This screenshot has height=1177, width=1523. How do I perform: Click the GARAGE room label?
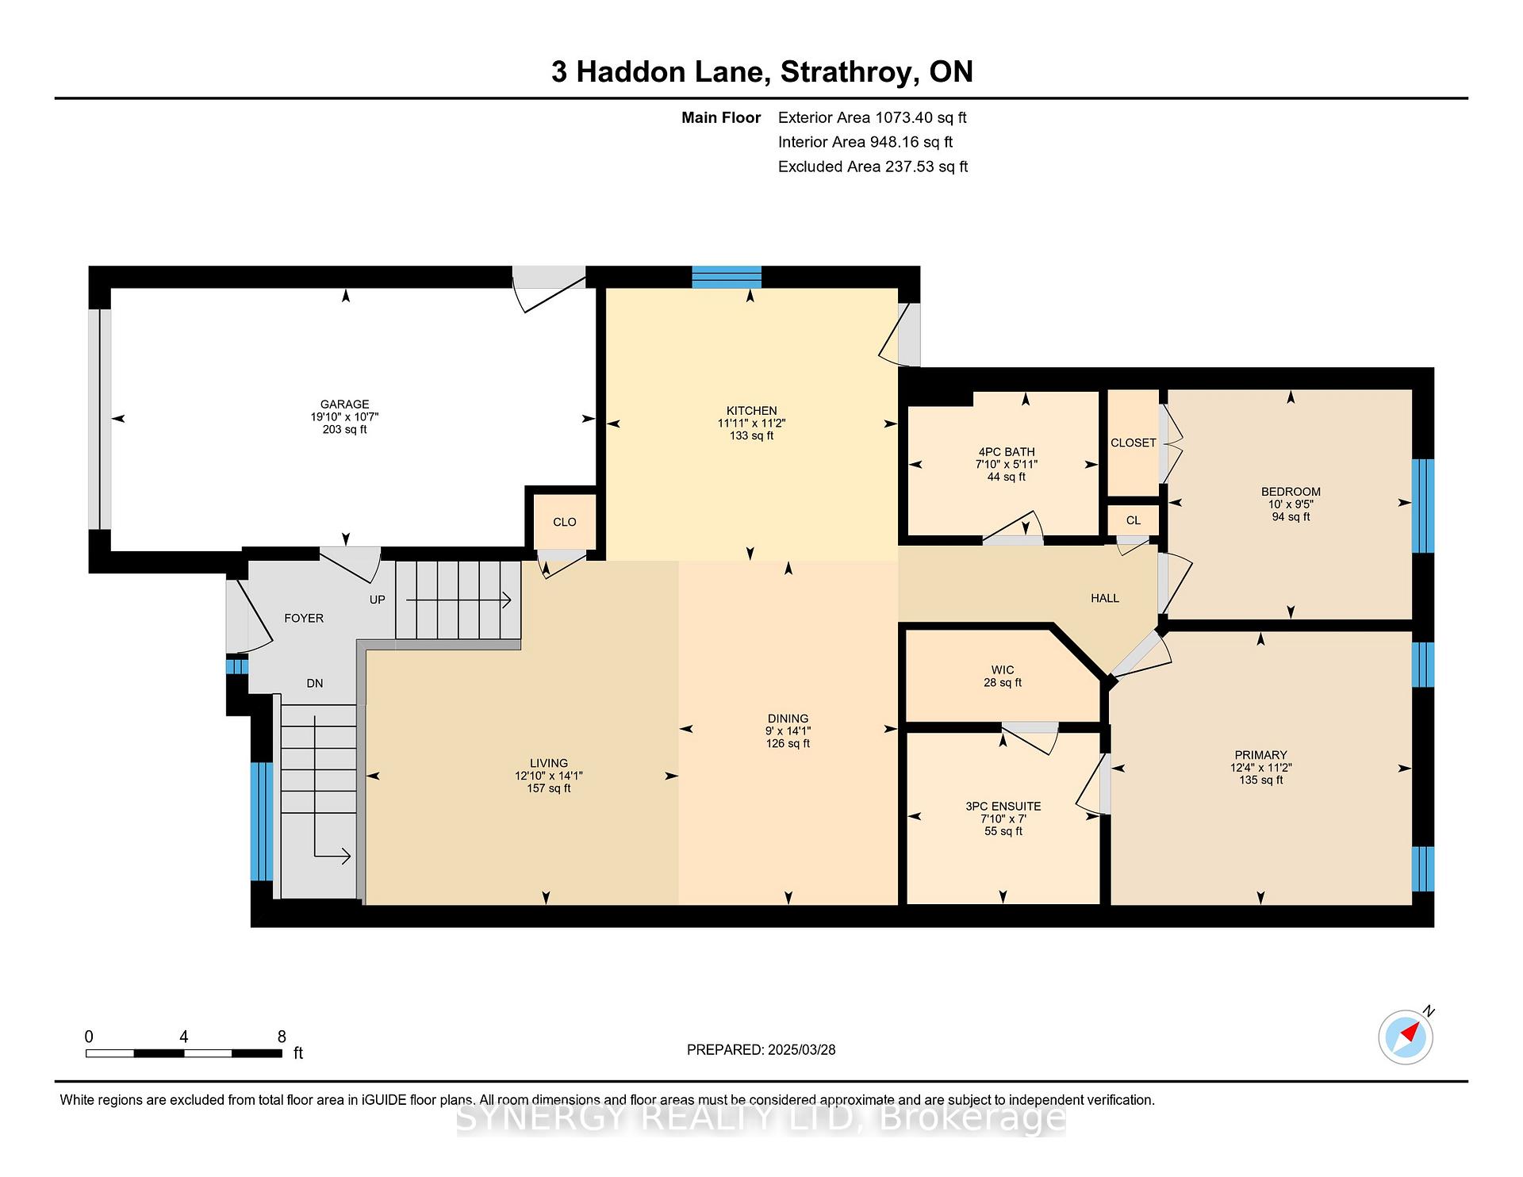pyautogui.click(x=344, y=404)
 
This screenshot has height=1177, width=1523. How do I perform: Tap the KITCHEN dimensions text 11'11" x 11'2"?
pyautogui.click(x=751, y=424)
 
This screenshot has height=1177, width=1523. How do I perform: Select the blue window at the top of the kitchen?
pyautogui.click(x=727, y=277)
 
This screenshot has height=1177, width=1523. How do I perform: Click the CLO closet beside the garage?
pyautogui.click(x=565, y=522)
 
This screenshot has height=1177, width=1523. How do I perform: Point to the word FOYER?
pyautogui.click(x=304, y=618)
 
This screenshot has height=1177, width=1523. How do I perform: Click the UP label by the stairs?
pyautogui.click(x=378, y=600)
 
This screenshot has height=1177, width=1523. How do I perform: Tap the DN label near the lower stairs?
pyautogui.click(x=315, y=683)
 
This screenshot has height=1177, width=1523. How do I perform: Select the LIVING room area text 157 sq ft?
pyautogui.click(x=549, y=788)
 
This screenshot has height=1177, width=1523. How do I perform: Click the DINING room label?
pyautogui.click(x=788, y=719)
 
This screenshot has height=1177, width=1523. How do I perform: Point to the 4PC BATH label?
pyautogui.click(x=1007, y=452)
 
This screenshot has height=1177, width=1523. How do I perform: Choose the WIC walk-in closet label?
pyautogui.click(x=1003, y=669)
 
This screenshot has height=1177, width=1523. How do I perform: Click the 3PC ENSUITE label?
pyautogui.click(x=1003, y=806)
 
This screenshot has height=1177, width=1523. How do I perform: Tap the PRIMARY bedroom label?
pyautogui.click(x=1260, y=755)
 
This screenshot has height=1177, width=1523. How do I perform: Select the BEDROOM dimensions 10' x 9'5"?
pyautogui.click(x=1291, y=504)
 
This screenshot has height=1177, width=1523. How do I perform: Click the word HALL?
pyautogui.click(x=1105, y=598)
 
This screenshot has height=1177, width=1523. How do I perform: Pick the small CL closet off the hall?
pyautogui.click(x=1134, y=520)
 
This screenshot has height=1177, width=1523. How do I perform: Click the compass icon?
pyautogui.click(x=1406, y=1037)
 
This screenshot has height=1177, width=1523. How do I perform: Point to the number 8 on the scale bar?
pyautogui.click(x=282, y=1037)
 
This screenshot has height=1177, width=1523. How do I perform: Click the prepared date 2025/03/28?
pyautogui.click(x=801, y=1049)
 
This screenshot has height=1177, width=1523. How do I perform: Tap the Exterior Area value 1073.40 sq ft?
pyautogui.click(x=920, y=117)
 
